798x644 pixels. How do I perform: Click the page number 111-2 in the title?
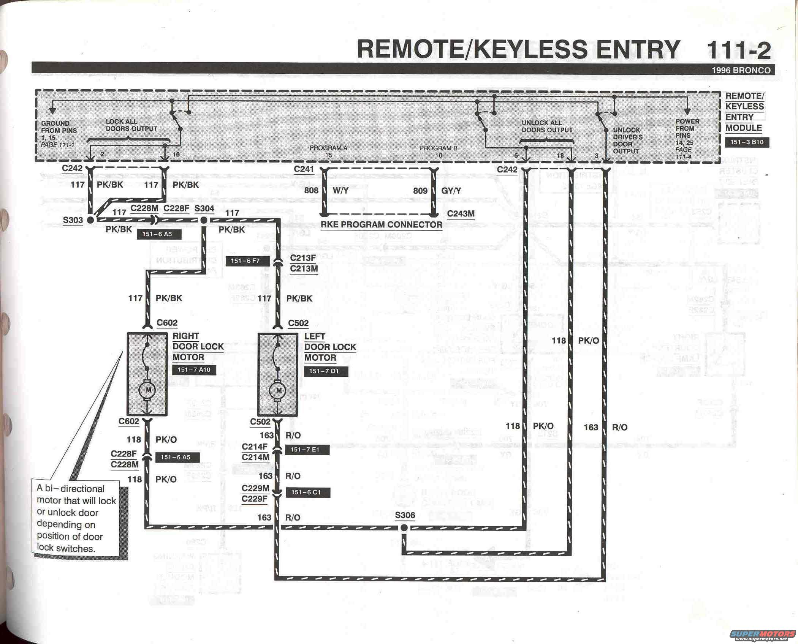click(738, 51)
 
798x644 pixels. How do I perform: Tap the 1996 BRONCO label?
click(741, 70)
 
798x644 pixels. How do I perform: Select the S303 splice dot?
click(90, 220)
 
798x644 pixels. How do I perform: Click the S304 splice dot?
click(204, 220)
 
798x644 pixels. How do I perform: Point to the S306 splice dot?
click(404, 528)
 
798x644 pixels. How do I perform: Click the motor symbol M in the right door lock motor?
click(148, 390)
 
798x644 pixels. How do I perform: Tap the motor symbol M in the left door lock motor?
click(279, 390)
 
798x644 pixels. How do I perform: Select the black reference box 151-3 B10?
click(747, 142)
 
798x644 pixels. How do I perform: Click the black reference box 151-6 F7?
click(245, 261)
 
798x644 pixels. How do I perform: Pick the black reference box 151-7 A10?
click(194, 370)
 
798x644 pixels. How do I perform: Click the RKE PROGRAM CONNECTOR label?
click(381, 225)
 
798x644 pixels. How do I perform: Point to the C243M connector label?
click(461, 214)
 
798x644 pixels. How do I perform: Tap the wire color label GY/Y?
click(451, 191)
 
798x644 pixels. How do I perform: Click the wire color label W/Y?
click(340, 191)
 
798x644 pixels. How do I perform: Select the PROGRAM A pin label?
click(328, 148)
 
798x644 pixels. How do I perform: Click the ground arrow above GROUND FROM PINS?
click(53, 110)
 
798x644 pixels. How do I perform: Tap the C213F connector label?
click(303, 258)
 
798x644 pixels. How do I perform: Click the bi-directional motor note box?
click(76, 519)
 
